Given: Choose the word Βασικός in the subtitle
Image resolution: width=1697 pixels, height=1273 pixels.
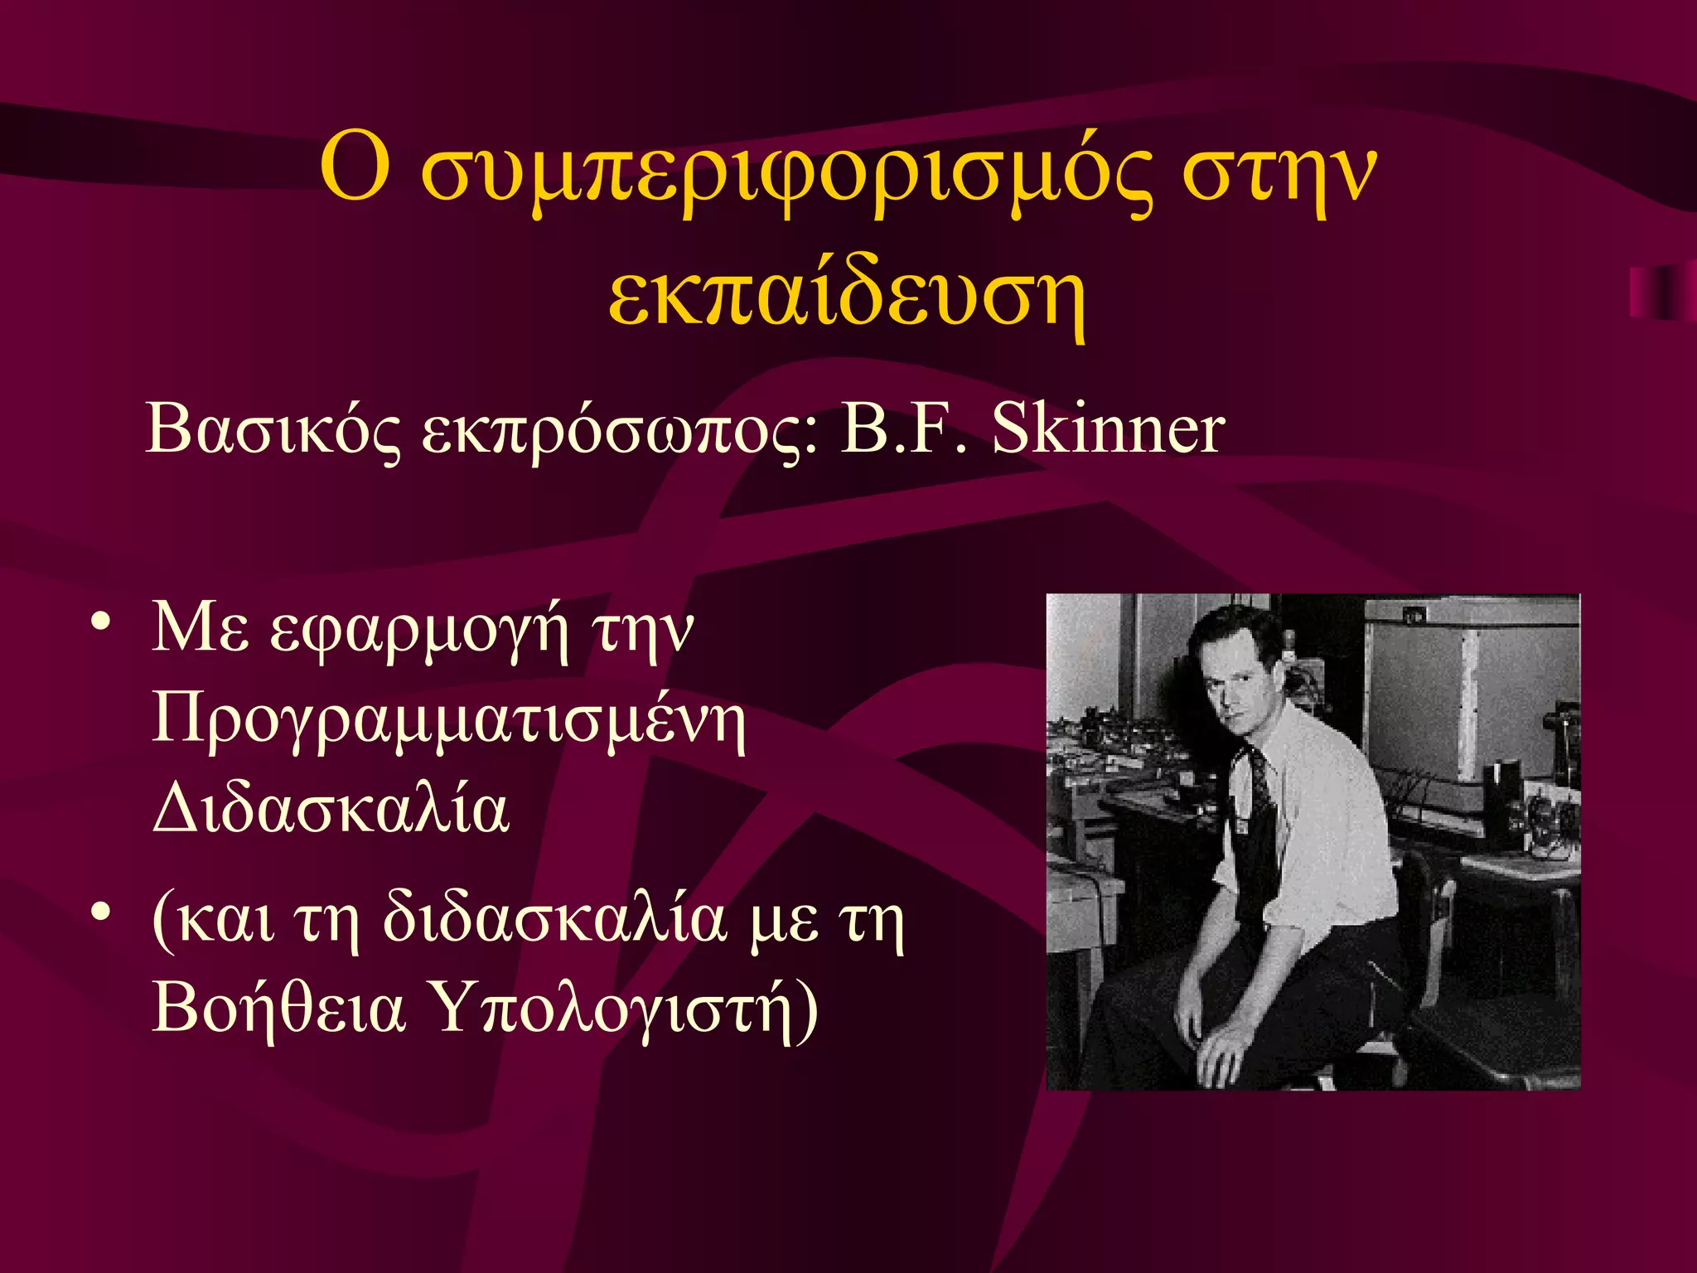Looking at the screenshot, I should point(273,431).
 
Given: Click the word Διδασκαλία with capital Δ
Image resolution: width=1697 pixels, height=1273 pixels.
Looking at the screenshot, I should point(331,809).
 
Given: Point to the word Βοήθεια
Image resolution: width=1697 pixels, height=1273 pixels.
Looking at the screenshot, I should point(278,1008).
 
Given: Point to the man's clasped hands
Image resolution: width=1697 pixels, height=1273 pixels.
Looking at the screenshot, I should point(1218,1044).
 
